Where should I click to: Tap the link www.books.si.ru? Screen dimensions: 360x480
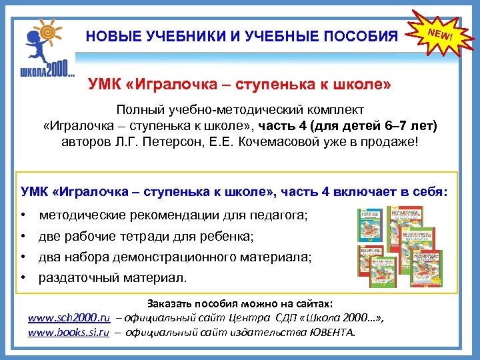(68, 331)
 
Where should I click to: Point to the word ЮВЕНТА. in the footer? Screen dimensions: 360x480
(334, 331)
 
